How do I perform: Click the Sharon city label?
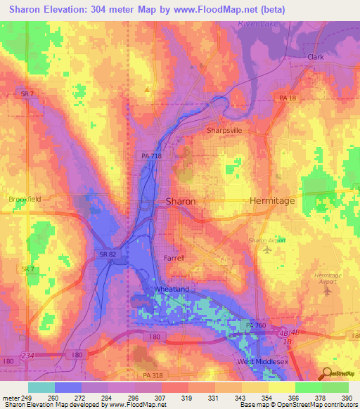(x=180, y=201)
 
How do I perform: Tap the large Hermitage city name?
(x=272, y=201)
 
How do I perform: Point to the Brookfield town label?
(x=25, y=199)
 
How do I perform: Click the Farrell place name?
(x=174, y=258)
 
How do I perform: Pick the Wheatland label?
(x=172, y=288)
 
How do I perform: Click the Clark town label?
(x=315, y=57)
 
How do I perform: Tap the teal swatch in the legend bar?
(x=41, y=387)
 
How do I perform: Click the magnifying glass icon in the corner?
(x=327, y=375)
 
